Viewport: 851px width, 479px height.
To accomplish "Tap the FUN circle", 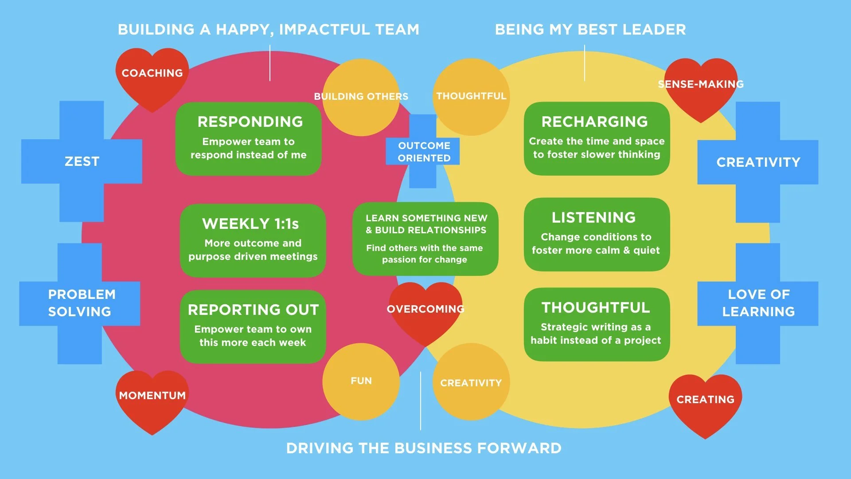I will [361, 381].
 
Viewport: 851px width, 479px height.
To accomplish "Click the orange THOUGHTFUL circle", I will [471, 96].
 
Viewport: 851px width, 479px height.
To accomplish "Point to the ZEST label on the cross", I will [82, 161].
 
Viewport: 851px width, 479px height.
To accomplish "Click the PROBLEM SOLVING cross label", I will [80, 303].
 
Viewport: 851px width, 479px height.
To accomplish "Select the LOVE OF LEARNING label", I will [758, 303].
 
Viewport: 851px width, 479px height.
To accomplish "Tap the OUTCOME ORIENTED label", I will [424, 152].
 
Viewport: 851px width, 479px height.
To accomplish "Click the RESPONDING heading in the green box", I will [250, 122].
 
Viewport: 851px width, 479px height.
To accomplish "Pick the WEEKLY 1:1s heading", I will [250, 224].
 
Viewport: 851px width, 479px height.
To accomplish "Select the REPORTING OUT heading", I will [253, 310].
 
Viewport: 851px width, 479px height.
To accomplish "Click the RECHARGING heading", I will [594, 122].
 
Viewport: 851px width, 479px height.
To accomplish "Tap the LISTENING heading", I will [593, 218].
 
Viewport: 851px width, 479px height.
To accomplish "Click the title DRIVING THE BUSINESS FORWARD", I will [424, 448].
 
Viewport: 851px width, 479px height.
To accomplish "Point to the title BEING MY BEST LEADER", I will [590, 30].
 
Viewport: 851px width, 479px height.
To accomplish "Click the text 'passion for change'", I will [425, 260].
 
